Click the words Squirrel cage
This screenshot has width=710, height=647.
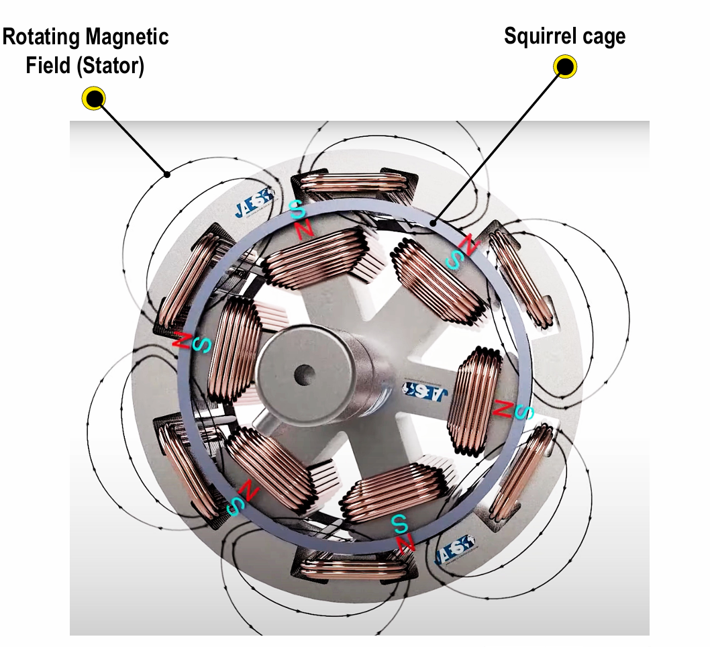click(x=564, y=36)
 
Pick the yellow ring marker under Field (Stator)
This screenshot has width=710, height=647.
click(x=93, y=99)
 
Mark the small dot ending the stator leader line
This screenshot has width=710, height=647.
click(x=168, y=175)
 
